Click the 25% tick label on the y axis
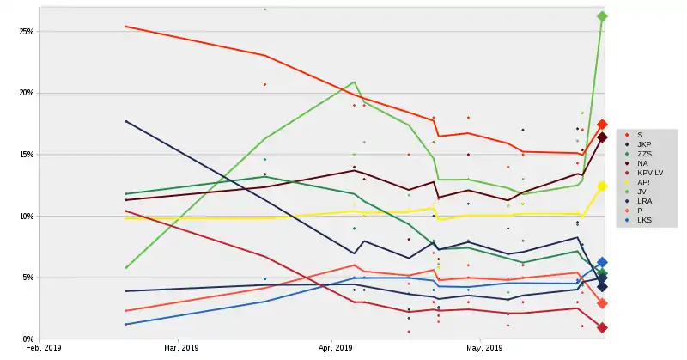(x=26, y=32)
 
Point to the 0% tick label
(x=28, y=339)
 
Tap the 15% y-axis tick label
(x=26, y=155)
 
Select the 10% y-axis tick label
(x=26, y=217)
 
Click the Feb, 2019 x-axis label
(x=44, y=349)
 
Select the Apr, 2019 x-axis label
(x=337, y=349)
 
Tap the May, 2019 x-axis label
(x=484, y=349)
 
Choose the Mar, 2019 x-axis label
(x=182, y=349)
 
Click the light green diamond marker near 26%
(x=602, y=16)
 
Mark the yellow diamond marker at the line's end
(x=603, y=186)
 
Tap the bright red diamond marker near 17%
(x=603, y=125)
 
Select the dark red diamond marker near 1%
(x=603, y=327)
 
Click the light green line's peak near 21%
(x=354, y=82)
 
